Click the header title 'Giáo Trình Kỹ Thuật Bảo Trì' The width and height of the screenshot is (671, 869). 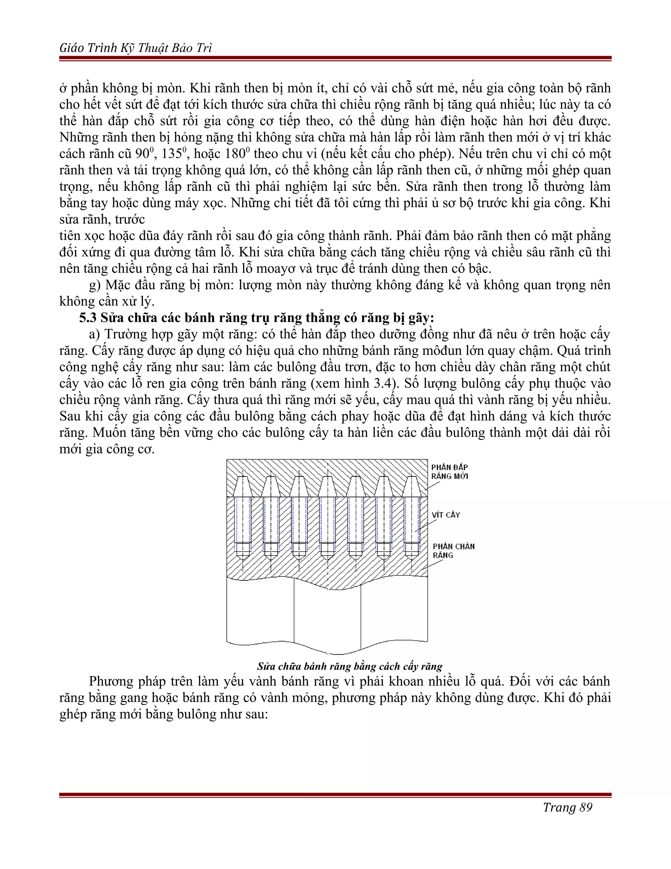[x=136, y=48]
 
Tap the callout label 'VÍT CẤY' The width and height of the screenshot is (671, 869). [x=446, y=515]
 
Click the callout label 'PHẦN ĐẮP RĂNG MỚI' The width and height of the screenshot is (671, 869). [x=450, y=472]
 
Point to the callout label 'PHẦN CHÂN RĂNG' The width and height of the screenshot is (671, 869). [x=453, y=551]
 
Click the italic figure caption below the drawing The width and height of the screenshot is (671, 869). [x=349, y=666]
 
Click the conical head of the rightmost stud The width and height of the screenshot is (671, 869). [x=412, y=486]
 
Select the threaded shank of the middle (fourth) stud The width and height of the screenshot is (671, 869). [x=327, y=519]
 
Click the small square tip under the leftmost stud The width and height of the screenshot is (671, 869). [x=243, y=550]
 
